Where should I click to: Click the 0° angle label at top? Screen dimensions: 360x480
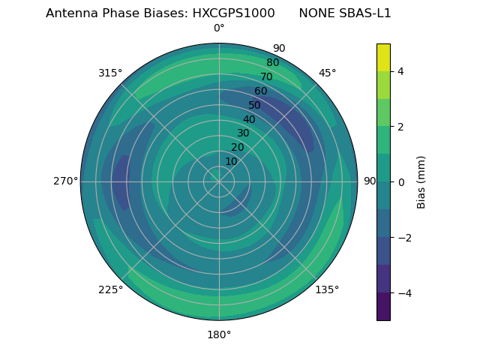[219, 28]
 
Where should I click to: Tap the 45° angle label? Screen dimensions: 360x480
[327, 73]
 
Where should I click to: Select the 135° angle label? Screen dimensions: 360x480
[327, 289]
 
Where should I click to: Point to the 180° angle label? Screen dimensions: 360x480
[219, 334]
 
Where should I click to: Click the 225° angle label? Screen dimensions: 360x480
[110, 289]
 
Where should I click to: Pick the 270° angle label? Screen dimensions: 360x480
[65, 181]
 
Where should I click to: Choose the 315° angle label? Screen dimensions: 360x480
[110, 73]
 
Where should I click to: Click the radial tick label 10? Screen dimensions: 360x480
[231, 161]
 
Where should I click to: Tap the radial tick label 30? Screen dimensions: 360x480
[243, 133]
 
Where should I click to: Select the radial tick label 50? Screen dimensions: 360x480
[255, 106]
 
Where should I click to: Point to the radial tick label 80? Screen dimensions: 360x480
[272, 63]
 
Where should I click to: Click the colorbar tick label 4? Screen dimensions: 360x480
[400, 71]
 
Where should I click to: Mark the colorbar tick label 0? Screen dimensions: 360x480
[400, 182]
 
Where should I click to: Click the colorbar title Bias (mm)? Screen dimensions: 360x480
[421, 182]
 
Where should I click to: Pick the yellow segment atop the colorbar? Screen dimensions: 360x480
[383, 57]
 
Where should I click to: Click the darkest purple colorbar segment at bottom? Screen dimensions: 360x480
[383, 306]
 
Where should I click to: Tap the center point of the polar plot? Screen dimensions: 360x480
[219, 181]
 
